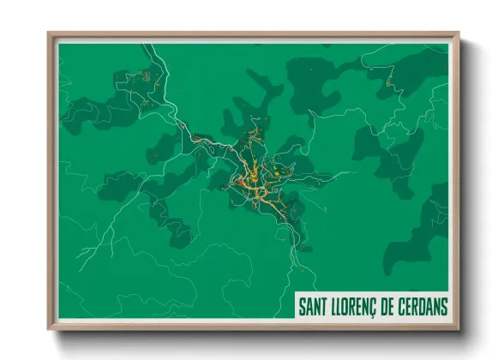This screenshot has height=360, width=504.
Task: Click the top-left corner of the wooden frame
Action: tap(49, 33)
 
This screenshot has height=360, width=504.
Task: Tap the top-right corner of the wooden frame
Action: tap(459, 33)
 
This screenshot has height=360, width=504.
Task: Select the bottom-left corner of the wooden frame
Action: tap(49, 330)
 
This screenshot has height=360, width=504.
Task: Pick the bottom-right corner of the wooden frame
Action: tap(459, 330)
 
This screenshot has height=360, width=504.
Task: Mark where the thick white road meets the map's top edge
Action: tap(147, 45)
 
